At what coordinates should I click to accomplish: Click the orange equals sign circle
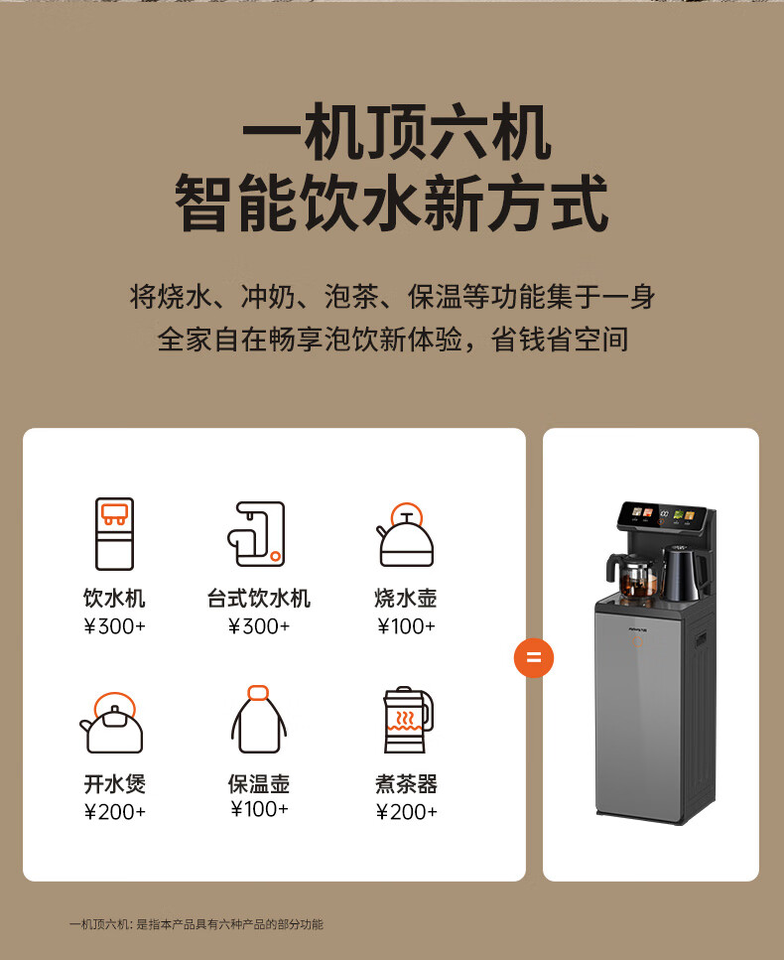(534, 657)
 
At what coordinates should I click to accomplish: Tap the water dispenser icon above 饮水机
(114, 534)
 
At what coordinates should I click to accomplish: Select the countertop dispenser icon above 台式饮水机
(257, 534)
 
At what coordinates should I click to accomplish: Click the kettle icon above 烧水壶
(405, 534)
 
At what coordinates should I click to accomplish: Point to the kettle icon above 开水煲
(111, 723)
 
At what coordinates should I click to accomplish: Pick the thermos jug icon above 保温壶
(258, 720)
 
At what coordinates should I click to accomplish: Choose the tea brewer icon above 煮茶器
(408, 720)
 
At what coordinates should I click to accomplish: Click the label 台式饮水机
(258, 599)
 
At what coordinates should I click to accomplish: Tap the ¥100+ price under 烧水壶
(406, 625)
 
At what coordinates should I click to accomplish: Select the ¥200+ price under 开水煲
(114, 812)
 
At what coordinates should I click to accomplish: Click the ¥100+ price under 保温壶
(259, 809)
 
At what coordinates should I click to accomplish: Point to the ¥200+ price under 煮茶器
(406, 812)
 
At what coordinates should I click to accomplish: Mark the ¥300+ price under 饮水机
(114, 625)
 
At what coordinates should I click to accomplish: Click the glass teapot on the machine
(634, 577)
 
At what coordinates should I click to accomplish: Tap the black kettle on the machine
(684, 573)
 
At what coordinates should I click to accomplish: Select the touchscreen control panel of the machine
(662, 517)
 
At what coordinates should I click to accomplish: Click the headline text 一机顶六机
(397, 133)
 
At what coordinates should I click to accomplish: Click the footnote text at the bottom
(196, 924)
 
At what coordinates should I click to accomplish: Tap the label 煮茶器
(406, 784)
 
